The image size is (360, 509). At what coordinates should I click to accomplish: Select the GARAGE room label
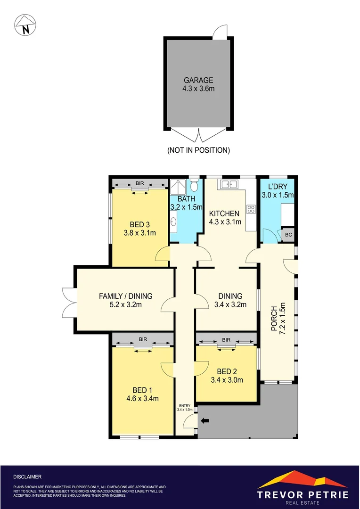198,80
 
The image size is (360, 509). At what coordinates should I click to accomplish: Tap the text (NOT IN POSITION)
198,150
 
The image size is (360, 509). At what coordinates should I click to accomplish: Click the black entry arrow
205,420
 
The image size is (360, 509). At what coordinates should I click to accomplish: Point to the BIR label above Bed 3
139,183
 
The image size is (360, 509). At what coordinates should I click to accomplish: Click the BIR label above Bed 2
226,339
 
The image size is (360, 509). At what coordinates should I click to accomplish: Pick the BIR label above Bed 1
142,338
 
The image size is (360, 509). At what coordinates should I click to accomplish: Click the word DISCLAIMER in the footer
27,477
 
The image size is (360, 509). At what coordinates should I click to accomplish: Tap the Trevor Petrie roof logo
303,479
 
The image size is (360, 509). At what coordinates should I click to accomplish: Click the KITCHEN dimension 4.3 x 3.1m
225,222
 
